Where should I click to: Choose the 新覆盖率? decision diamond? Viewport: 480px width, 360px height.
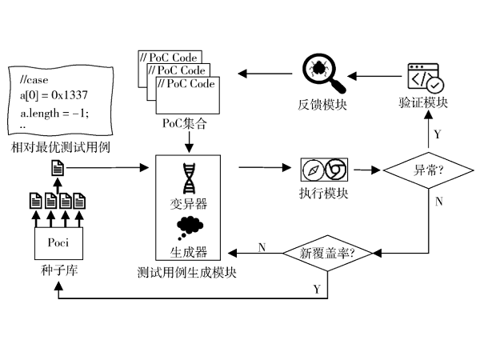[x=328, y=253]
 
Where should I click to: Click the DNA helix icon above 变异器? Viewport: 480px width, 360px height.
[x=189, y=178]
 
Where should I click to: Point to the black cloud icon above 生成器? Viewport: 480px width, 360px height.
[x=189, y=226]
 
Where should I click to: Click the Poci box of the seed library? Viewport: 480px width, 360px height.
[x=55, y=242]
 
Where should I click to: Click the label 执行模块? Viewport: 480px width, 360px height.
[x=322, y=194]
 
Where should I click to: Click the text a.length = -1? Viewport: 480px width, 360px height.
[x=54, y=111]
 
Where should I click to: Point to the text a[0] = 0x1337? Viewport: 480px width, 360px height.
[x=54, y=95]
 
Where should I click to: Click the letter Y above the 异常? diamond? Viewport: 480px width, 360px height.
[x=437, y=133]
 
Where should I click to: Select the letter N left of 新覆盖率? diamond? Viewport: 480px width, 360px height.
[x=262, y=247]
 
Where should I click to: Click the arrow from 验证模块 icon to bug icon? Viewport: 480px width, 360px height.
[x=375, y=76]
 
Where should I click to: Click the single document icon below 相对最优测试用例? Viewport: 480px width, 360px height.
[x=58, y=169]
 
